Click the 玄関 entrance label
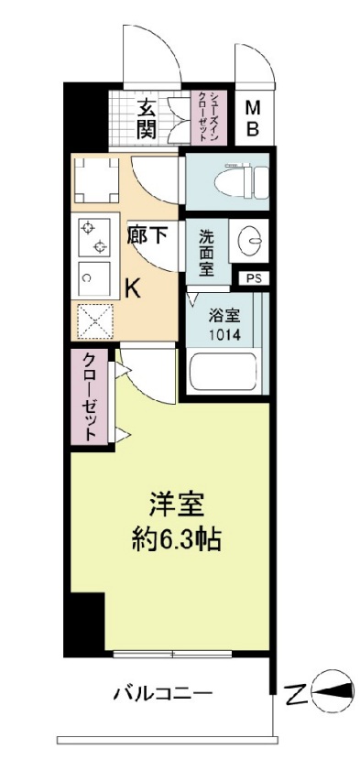coord(147,117)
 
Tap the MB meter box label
coord(252,118)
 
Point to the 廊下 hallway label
coord(147,235)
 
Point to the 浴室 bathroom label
coord(223,317)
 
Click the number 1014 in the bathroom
coord(223,335)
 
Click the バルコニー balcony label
coord(163,692)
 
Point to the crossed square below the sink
coord(92,321)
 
